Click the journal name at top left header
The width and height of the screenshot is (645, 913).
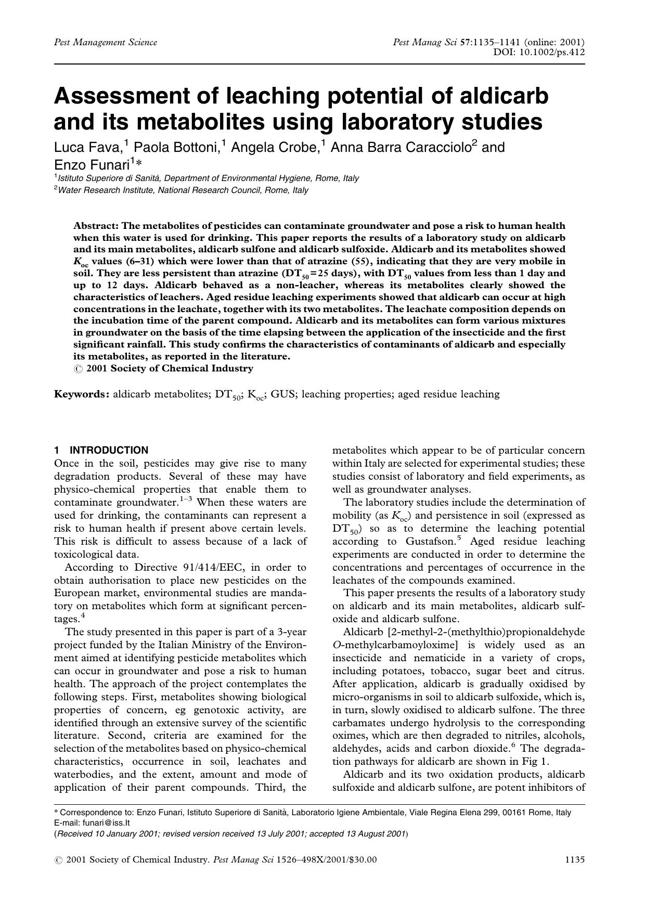pyautogui.click(x=106, y=42)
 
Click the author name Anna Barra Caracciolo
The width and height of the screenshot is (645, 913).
pyautogui.click(x=400, y=148)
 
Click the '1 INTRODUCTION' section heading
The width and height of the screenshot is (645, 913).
pyautogui.click(x=101, y=451)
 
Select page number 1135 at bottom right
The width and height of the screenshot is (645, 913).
pyautogui.click(x=575, y=859)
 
